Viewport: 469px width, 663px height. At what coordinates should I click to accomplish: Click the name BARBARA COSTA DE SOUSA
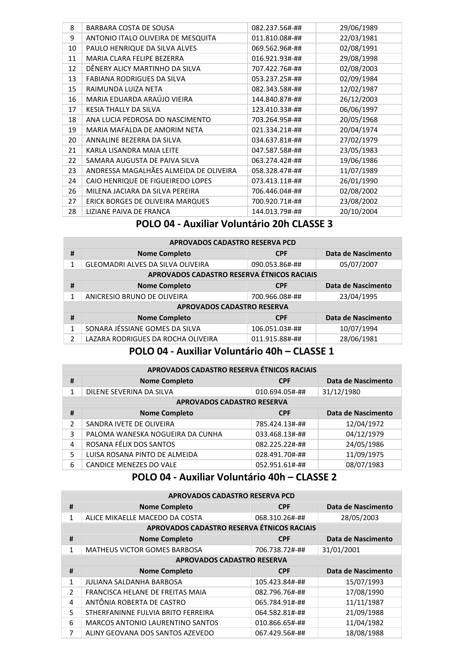pyautogui.click(x=130, y=28)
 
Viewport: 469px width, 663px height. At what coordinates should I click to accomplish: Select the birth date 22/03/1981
pyautogui.click(x=358, y=38)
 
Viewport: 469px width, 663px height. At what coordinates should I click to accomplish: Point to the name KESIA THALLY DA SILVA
pyautogui.click(x=123, y=110)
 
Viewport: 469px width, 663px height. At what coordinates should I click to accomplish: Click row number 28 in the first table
pyautogui.click(x=72, y=212)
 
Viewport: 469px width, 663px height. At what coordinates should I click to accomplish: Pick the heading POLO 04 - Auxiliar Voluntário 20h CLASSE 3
pyautogui.click(x=234, y=224)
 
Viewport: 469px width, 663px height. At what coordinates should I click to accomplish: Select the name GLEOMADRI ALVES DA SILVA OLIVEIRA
pyautogui.click(x=147, y=265)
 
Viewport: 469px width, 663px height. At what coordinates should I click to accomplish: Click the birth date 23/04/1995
pyautogui.click(x=358, y=297)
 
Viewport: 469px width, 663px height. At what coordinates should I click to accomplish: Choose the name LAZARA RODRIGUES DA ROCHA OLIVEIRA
pyautogui.click(x=152, y=339)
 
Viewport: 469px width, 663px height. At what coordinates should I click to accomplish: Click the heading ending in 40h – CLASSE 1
pyautogui.click(x=231, y=352)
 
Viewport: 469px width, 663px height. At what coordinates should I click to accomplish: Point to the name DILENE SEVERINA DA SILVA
pyautogui.click(x=130, y=392)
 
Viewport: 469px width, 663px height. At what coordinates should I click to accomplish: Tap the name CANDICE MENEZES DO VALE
pyautogui.click(x=132, y=465)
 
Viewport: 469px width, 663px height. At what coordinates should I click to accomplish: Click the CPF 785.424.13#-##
pyautogui.click(x=280, y=424)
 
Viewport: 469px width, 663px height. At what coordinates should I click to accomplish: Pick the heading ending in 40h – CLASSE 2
pyautogui.click(x=234, y=477)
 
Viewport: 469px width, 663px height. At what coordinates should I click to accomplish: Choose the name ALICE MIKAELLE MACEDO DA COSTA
pyautogui.click(x=144, y=518)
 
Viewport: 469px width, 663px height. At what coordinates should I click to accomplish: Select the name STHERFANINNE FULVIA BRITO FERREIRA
pyautogui.click(x=149, y=613)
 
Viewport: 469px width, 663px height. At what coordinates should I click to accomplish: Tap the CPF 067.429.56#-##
pyautogui.click(x=280, y=633)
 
